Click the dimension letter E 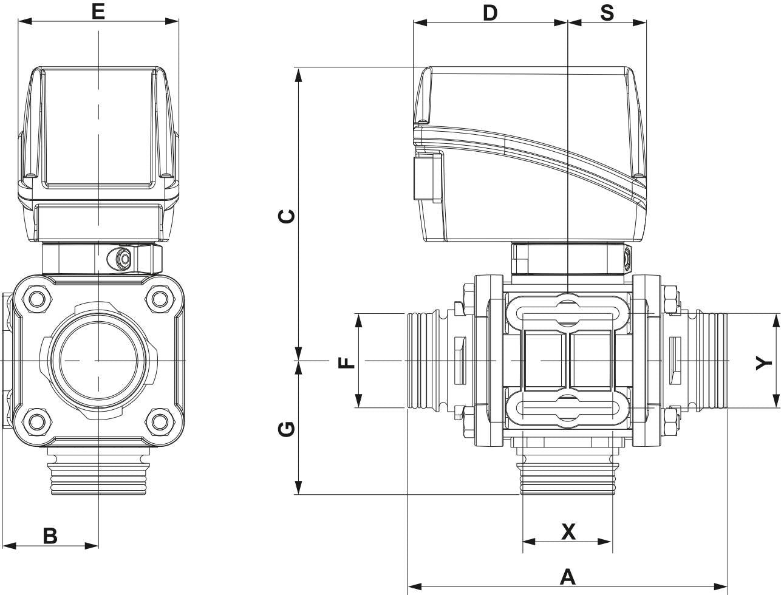[98, 11]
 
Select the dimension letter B [50, 535]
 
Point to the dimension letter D [489, 12]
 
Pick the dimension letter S [607, 12]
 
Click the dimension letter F [346, 362]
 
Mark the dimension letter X [568, 532]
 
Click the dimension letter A [567, 576]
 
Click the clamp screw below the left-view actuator [123, 259]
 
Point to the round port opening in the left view [98, 360]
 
